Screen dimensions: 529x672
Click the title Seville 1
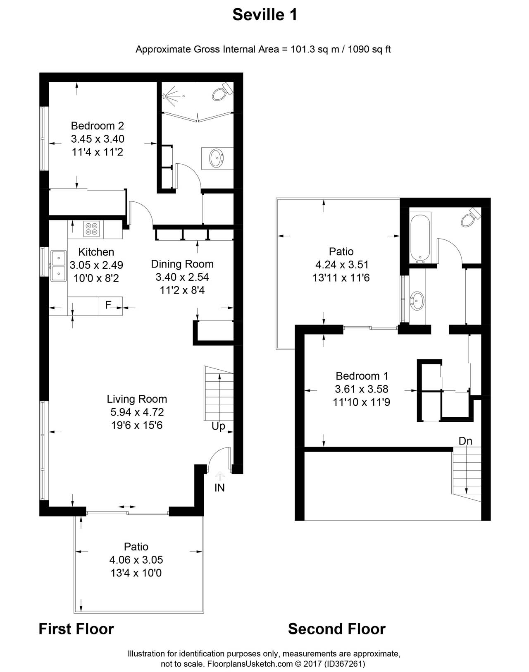[x=264, y=15]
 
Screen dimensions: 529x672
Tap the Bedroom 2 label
[x=98, y=126]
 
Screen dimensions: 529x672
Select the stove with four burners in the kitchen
[x=91, y=229]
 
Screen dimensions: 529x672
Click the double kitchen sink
[x=59, y=266]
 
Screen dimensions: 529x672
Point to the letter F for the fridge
[x=108, y=305]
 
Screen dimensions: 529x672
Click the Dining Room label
[x=182, y=264]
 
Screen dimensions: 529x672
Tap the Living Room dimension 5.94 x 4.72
[x=137, y=412]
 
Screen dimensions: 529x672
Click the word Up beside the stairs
[x=218, y=426]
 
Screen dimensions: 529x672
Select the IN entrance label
[x=219, y=488]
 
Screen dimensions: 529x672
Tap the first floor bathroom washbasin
[x=216, y=158]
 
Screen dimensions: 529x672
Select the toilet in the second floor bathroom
[x=471, y=217]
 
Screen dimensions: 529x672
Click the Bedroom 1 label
[x=362, y=376]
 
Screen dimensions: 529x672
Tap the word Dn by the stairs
[x=465, y=441]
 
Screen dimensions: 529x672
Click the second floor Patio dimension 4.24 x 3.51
[x=342, y=265]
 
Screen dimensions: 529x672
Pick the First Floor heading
[x=76, y=629]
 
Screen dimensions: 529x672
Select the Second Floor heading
[x=337, y=629]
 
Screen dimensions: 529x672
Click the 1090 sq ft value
[x=369, y=49]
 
